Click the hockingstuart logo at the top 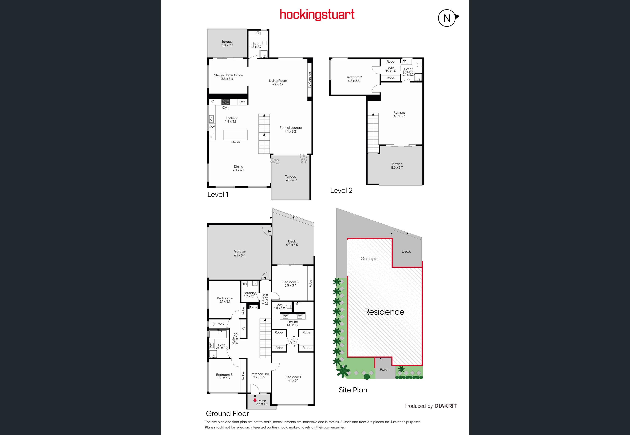(317, 15)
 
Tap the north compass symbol (448, 18)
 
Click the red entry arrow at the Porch (255, 400)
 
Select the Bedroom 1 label (293, 379)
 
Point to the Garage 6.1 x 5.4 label (240, 253)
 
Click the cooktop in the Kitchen (225, 102)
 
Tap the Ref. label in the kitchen (242, 102)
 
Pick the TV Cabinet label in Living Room (310, 80)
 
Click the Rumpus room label (399, 114)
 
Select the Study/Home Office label (228, 77)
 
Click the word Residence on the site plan (384, 312)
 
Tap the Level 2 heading (341, 191)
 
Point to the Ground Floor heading (227, 414)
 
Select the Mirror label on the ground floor (253, 307)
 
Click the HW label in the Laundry (244, 284)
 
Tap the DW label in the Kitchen (212, 127)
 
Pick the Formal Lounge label (291, 129)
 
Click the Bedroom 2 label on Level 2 (353, 79)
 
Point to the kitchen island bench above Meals (235, 135)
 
